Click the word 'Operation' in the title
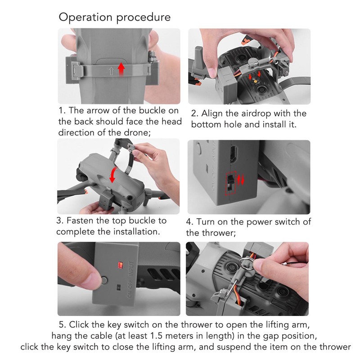tap(85, 18)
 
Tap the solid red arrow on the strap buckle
tap(121, 69)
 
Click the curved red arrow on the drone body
tap(113, 175)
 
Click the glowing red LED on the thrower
tap(120, 265)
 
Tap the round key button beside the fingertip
tap(104, 280)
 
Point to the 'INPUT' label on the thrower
tap(130, 268)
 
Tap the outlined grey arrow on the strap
tap(111, 71)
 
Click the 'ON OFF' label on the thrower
tap(130, 289)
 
